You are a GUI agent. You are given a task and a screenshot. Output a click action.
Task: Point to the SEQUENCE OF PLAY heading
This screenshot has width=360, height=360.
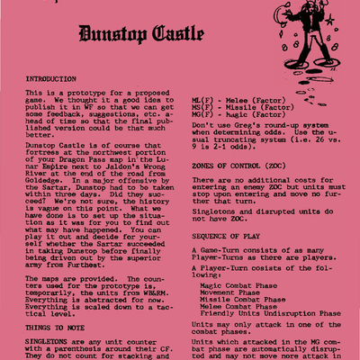pos(230,236)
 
